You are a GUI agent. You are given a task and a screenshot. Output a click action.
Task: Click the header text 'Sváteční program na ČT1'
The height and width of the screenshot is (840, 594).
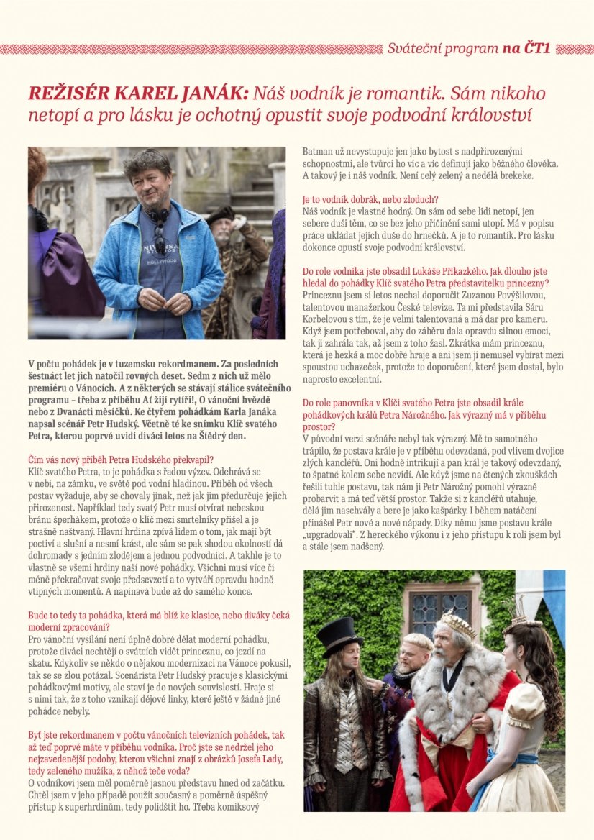point(468,49)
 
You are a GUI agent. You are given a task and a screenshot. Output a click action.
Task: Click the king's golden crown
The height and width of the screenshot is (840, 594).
point(457,624)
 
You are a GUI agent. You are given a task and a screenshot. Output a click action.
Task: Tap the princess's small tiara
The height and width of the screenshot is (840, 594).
point(515,611)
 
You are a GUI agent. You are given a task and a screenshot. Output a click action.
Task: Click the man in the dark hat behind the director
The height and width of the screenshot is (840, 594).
point(225,230)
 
